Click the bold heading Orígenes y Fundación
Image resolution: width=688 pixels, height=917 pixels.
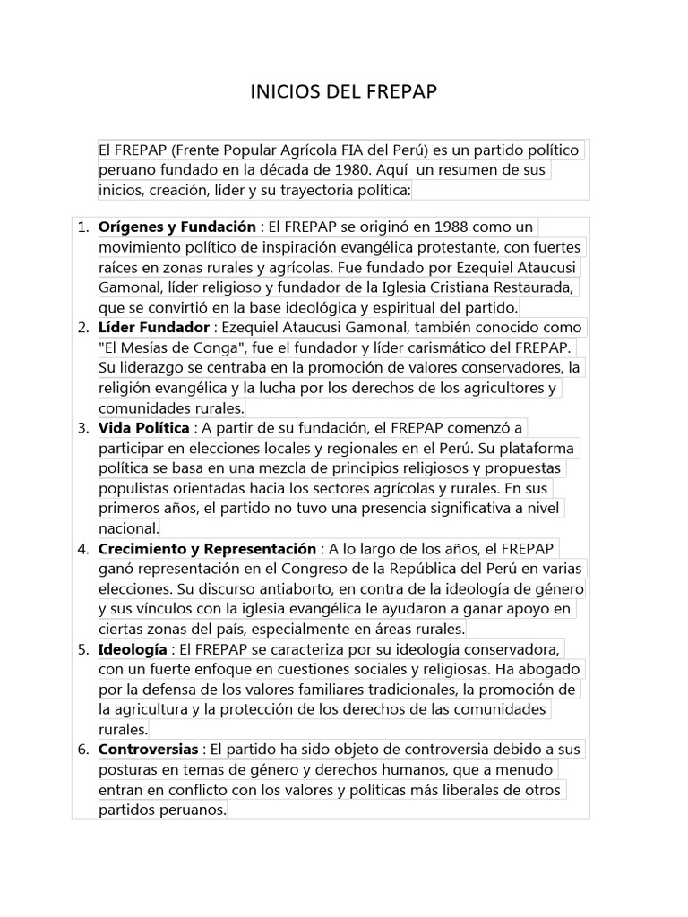177,227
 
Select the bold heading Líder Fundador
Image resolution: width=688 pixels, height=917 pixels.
154,327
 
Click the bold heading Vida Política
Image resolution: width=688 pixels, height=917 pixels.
144,427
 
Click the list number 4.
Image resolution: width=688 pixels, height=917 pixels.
82,548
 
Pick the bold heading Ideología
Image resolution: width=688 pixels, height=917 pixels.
133,648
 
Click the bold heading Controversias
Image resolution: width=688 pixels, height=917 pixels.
148,749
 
